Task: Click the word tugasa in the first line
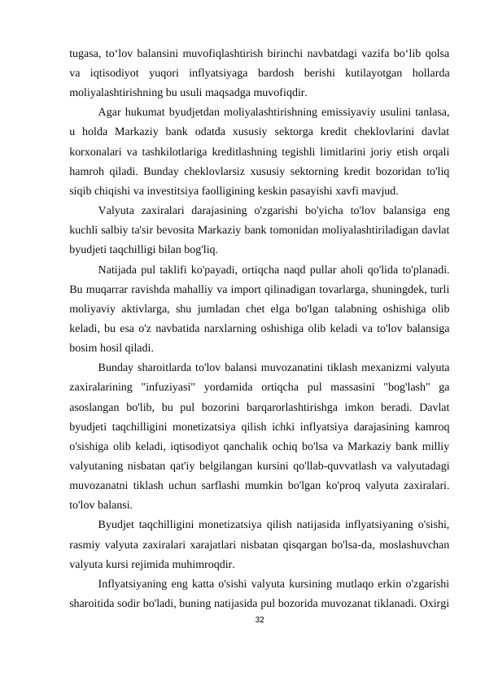tap(85, 54)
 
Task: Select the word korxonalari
tap(94, 152)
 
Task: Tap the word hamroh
tap(87, 172)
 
